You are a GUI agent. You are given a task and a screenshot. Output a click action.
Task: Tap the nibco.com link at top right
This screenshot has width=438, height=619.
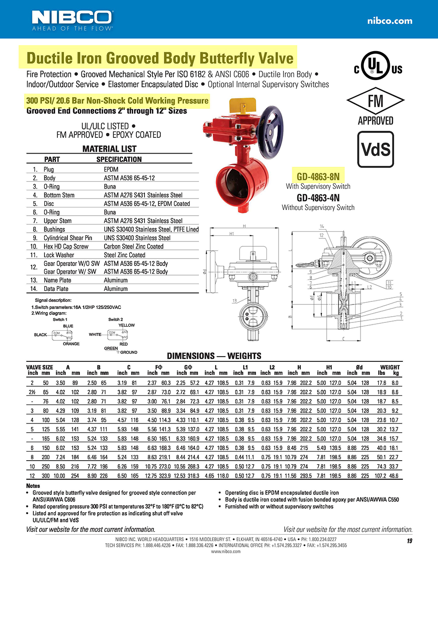pos(389,21)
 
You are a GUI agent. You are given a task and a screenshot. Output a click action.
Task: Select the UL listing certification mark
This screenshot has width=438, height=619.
pos(378,66)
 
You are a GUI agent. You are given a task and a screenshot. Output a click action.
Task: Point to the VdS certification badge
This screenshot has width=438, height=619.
pos(375,150)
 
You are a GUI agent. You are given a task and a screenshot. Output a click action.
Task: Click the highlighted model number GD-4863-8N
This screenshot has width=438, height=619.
pos(318,177)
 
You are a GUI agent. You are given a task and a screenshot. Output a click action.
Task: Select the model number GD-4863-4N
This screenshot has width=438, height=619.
pos(318,198)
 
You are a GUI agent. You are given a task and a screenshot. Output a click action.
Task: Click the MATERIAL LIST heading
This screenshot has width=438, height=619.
pos(109,149)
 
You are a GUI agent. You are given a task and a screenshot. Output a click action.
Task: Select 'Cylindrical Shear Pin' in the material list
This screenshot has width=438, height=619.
pos(68,238)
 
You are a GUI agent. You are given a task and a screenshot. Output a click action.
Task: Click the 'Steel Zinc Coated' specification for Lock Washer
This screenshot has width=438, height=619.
pos(124,255)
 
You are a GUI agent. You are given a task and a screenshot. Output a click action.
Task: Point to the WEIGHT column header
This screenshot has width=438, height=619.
pos(389,367)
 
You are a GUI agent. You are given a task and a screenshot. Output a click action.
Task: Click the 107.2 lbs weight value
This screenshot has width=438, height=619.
pos(381,476)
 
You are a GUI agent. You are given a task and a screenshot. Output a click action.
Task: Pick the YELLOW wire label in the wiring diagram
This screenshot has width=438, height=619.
pos(127,325)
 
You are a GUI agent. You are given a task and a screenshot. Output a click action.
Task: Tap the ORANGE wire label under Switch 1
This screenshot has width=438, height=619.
pos(71,344)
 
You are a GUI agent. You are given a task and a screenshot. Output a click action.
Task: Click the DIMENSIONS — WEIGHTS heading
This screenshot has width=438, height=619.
pos(214,356)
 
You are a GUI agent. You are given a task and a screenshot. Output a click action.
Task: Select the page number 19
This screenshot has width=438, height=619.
pos(409,541)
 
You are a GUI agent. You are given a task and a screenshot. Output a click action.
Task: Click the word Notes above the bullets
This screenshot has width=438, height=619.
pos(33,486)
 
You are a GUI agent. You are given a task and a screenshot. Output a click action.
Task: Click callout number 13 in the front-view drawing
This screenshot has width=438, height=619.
pos(234,301)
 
